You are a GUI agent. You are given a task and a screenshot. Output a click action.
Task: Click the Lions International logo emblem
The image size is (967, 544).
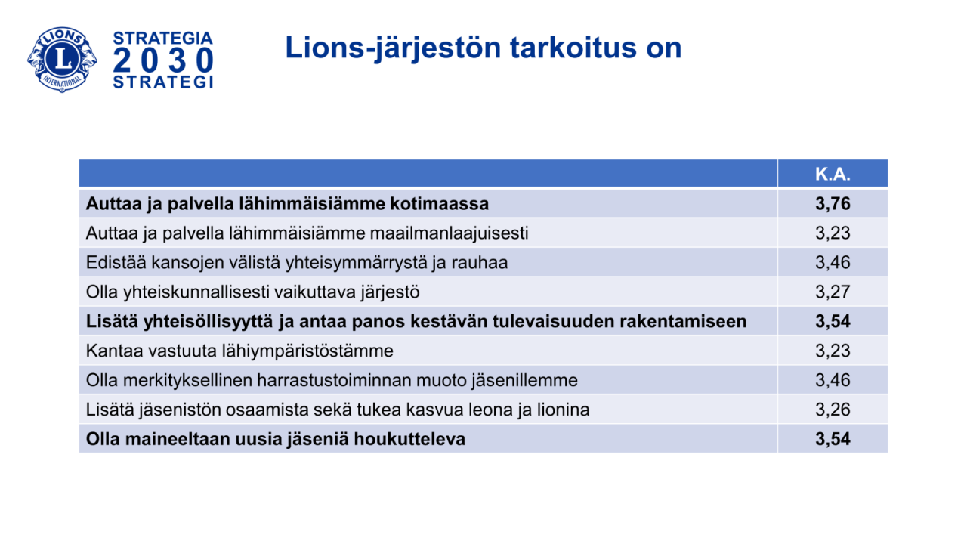coord(62,60)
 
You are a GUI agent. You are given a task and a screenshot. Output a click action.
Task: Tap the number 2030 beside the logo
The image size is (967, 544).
coord(163,60)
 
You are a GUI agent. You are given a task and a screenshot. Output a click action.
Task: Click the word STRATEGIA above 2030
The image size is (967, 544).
coord(163,38)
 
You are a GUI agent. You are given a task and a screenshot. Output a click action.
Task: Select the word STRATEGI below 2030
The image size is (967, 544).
coord(163,82)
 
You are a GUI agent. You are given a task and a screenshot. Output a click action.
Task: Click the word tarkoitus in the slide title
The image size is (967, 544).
coord(573,48)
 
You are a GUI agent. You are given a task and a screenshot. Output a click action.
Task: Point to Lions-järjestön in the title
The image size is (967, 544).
coord(393,48)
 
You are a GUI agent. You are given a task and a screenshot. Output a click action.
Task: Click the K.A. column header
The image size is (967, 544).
coord(833,174)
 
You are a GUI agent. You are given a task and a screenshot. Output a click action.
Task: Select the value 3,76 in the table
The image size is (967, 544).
coord(833,204)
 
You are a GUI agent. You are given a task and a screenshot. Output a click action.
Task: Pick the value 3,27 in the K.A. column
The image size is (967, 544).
coord(833,292)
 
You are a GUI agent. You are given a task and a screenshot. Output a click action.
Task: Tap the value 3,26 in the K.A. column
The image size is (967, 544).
coord(833,410)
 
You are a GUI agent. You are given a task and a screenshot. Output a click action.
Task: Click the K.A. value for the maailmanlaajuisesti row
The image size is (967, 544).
coord(833,233)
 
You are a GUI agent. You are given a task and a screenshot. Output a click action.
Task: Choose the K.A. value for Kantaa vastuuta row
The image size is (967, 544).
coord(833,351)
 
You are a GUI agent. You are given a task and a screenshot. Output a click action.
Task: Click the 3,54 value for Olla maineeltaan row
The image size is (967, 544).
coord(833,439)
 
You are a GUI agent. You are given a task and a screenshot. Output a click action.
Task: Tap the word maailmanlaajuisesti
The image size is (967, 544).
coord(450,233)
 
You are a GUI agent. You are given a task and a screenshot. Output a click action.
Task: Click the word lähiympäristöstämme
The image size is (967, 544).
coord(307,351)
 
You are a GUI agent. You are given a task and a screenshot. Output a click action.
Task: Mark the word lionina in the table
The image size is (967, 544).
coord(564,410)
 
